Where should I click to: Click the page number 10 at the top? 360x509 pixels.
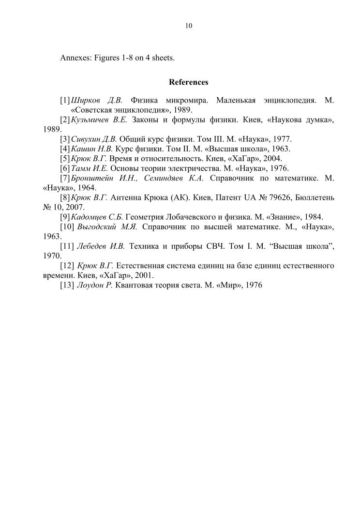pyautogui.click(x=188, y=26)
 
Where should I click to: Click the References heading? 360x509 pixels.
pyautogui.click(x=188, y=82)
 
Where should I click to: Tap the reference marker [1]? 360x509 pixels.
pyautogui.click(x=65, y=101)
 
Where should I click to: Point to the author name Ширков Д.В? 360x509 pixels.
pyautogui.click(x=96, y=101)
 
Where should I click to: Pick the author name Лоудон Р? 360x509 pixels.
pyautogui.click(x=95, y=285)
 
